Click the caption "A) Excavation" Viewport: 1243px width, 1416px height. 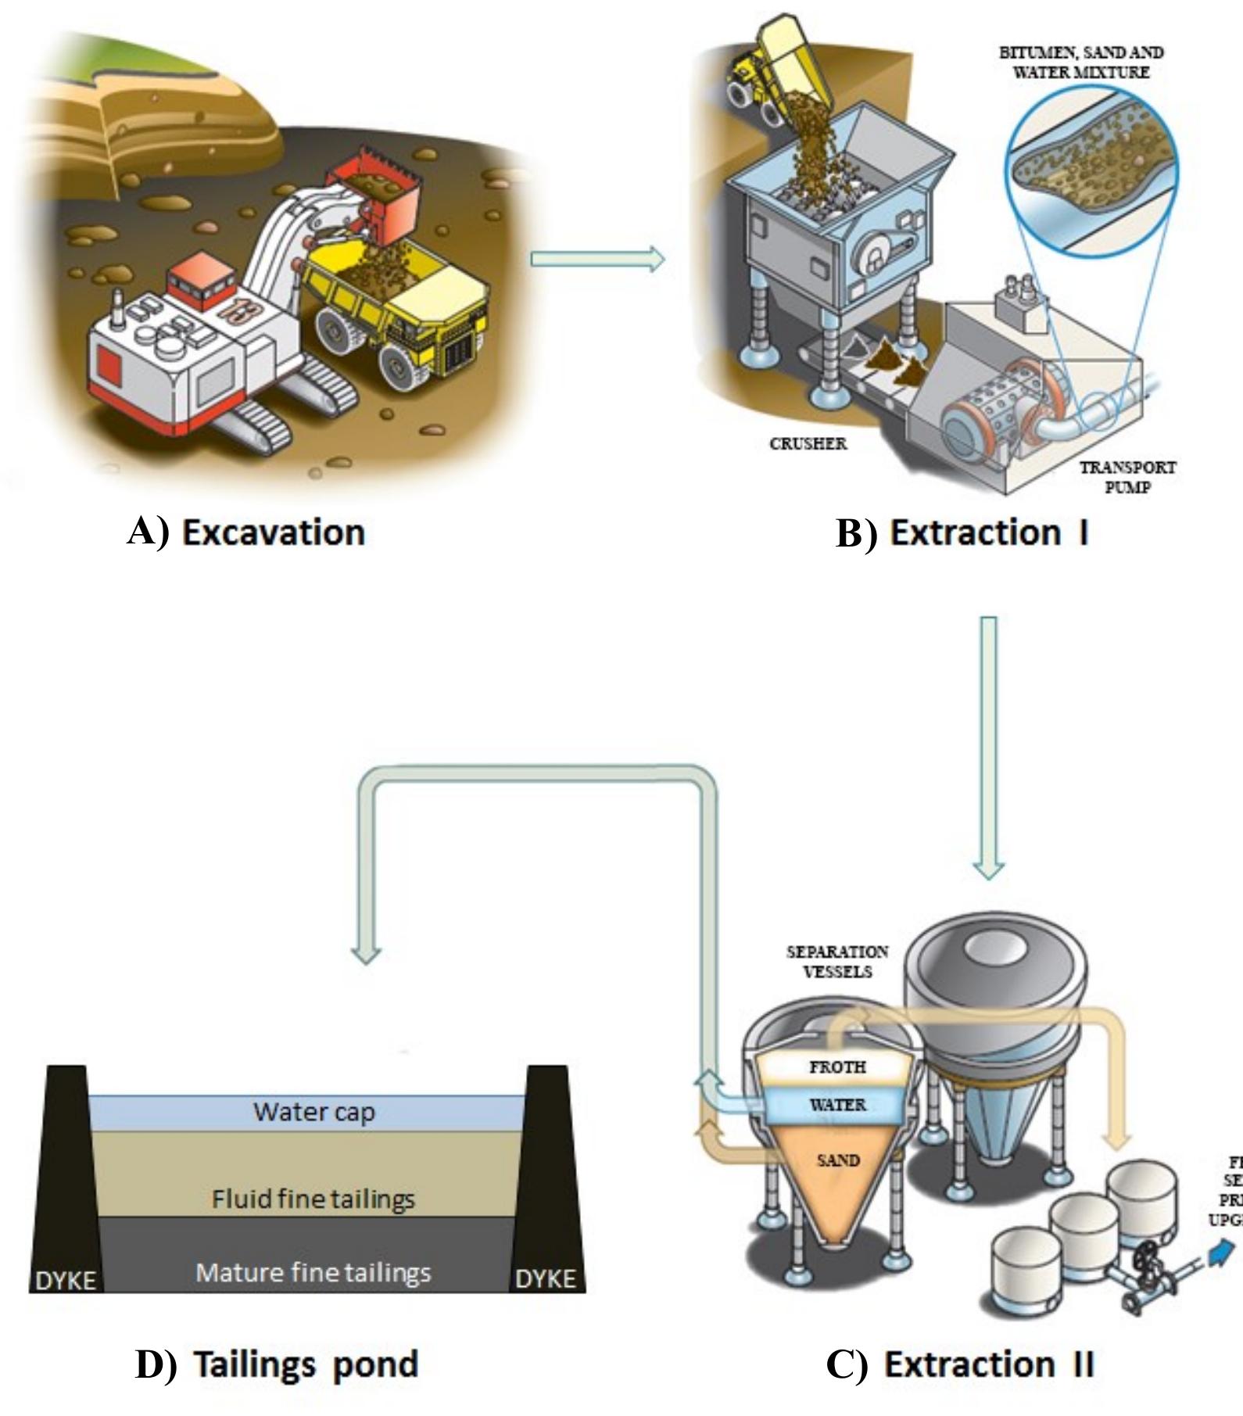coord(246,532)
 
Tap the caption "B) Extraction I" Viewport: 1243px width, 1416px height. coord(962,533)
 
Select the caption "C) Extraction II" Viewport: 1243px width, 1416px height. coord(960,1364)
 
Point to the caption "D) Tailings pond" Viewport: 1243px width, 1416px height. coord(277,1364)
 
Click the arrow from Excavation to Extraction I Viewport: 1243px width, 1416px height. coord(597,259)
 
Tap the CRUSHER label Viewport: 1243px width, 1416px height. coord(808,443)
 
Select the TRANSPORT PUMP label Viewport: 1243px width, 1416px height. coord(1127,477)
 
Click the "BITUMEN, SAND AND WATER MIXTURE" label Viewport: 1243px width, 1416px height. coord(1081,63)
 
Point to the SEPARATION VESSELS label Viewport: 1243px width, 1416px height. coord(837,962)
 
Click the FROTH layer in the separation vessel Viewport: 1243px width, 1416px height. coord(837,1066)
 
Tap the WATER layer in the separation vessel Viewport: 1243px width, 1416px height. coord(837,1105)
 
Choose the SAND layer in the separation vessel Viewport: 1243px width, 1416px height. coord(837,1160)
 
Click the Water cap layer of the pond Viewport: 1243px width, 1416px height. coord(313,1112)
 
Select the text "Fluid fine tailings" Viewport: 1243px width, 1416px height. coord(313,1199)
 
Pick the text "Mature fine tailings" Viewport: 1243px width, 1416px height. coord(313,1272)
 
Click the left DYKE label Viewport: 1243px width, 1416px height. coord(66,1280)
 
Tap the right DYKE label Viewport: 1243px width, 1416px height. coord(546,1278)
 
